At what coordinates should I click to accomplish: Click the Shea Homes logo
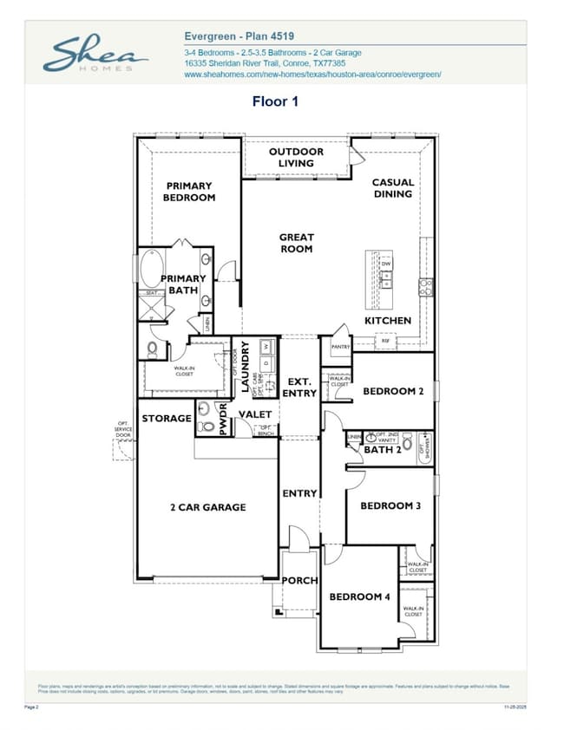click(x=95, y=55)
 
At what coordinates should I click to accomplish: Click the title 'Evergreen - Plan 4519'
click(x=239, y=36)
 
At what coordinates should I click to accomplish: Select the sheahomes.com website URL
click(x=312, y=75)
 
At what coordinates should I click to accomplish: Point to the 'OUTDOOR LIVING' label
click(x=296, y=157)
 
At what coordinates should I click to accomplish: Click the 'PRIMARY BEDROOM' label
click(x=189, y=192)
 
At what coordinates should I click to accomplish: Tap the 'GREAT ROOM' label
click(x=296, y=243)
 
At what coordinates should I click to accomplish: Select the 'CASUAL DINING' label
click(x=393, y=188)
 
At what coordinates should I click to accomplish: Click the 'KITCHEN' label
click(x=388, y=321)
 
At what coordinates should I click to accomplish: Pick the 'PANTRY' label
click(x=340, y=347)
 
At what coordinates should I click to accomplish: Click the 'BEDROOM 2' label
click(x=393, y=391)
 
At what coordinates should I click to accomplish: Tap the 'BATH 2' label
click(x=382, y=449)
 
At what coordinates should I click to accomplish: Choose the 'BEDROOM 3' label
click(x=390, y=505)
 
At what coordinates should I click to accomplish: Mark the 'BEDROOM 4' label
click(x=359, y=596)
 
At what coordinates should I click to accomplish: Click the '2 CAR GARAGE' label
click(x=208, y=507)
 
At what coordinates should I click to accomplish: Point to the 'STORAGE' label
click(x=167, y=418)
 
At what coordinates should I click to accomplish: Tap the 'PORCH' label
click(x=299, y=580)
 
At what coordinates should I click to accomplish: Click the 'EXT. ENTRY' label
click(x=299, y=388)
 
